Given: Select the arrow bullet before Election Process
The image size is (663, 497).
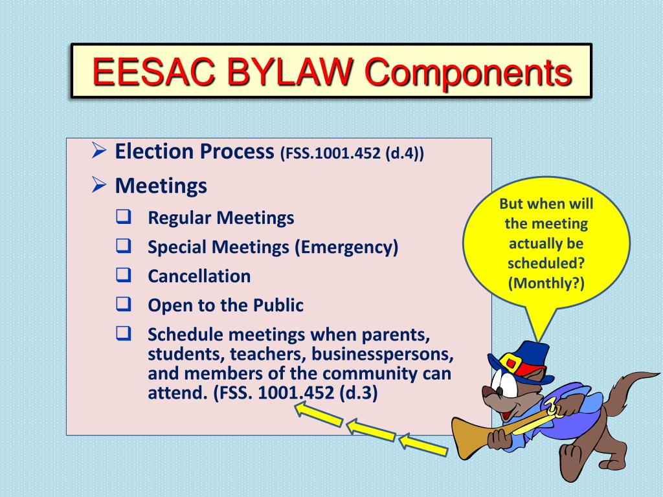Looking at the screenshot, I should pos(98,152).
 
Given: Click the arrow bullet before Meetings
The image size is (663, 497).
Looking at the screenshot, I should pos(98,186).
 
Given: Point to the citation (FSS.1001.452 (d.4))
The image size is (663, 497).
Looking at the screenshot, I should pos(352,154).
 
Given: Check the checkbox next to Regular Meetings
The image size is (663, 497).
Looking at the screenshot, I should pos(124,217).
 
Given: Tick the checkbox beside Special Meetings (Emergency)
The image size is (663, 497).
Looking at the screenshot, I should pos(124,247).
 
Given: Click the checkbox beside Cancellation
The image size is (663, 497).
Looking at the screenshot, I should pos(124,276).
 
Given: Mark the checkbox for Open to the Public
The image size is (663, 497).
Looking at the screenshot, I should pos(124,305).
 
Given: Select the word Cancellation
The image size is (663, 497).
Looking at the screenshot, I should pos(199,276).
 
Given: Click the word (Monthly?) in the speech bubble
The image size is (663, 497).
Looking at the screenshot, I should pos(546,283).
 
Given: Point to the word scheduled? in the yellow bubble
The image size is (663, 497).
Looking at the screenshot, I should pos(546,264).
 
